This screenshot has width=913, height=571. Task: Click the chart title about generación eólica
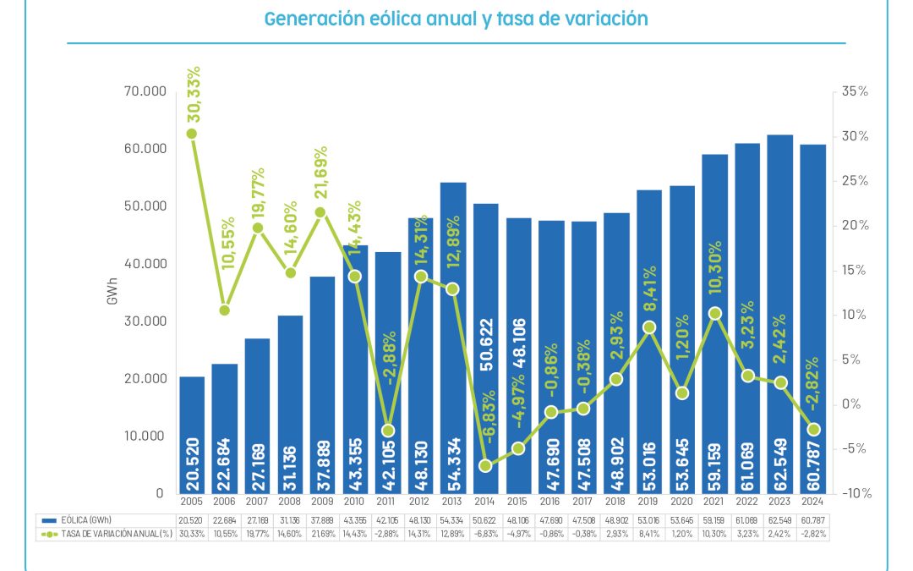click(x=456, y=19)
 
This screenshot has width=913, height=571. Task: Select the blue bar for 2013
click(x=452, y=338)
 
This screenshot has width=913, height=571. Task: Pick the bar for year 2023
click(x=779, y=313)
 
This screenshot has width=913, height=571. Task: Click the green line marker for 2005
click(x=192, y=134)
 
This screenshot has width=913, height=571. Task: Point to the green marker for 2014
click(x=485, y=465)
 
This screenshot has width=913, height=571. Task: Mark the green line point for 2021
click(x=714, y=313)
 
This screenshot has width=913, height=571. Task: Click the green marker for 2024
click(x=812, y=430)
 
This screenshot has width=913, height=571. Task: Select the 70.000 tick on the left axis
click(x=143, y=91)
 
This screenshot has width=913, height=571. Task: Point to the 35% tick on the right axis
click(x=855, y=91)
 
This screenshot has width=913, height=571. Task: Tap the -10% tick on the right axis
click(x=853, y=493)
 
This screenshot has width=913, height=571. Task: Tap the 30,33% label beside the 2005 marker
click(x=194, y=93)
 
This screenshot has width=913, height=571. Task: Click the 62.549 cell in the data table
click(x=779, y=519)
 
